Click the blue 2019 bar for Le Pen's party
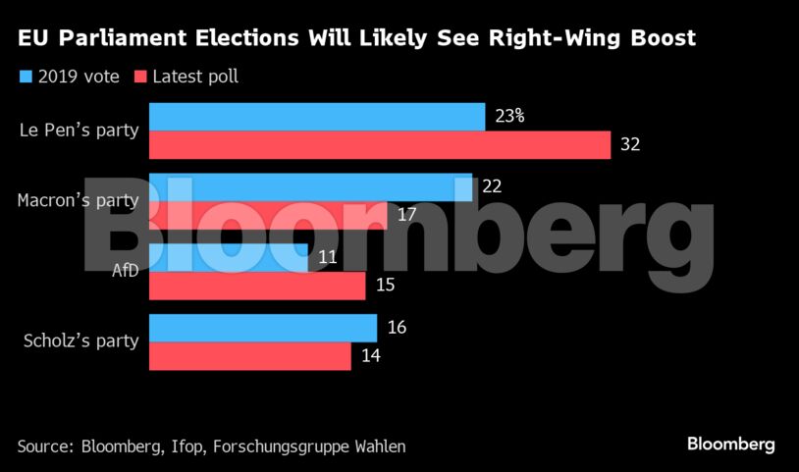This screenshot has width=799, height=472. point(316,117)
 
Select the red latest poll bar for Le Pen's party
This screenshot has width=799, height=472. point(379,144)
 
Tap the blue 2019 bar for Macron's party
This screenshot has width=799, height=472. point(310,187)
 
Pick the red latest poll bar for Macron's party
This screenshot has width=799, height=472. point(267,215)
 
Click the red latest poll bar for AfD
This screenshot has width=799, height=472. point(257,286)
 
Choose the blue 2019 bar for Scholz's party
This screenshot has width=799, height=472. point(262,329)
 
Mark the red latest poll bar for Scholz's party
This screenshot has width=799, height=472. point(249,356)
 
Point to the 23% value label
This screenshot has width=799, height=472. point(509,116)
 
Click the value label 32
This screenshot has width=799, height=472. point(630,144)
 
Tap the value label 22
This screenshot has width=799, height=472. point(492,186)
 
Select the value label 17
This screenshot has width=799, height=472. point(406,215)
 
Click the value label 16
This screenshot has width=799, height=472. point(397,328)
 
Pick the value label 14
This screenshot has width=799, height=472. point(370,356)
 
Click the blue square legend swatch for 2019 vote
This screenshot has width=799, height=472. point(26,76)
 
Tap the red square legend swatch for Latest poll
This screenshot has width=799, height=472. point(140,76)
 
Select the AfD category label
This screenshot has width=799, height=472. point(125,271)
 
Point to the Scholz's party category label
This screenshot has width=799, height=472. point(80,341)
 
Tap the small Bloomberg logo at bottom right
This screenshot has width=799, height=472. point(730,445)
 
